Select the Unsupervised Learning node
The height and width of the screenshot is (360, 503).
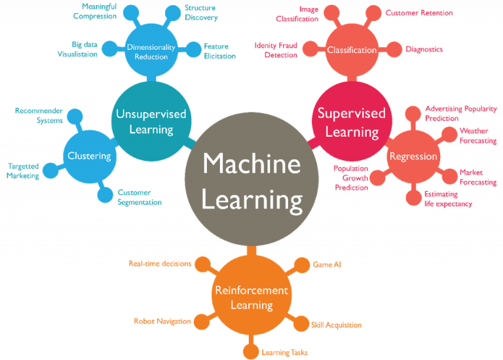[x=151, y=121]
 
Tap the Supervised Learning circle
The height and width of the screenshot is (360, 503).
[x=352, y=122]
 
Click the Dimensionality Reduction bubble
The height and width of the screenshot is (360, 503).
[x=151, y=50]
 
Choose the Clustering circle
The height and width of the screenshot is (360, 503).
[x=89, y=156]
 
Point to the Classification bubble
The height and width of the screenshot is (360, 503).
[x=352, y=50]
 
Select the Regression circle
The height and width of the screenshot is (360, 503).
[x=413, y=156]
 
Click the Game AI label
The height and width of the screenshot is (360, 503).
[x=327, y=264]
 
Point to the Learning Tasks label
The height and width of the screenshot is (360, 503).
[x=284, y=352]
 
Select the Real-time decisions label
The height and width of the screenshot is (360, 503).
[x=160, y=264]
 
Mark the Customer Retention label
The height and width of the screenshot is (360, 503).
[x=419, y=13]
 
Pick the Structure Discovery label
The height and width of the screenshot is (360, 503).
[x=200, y=12]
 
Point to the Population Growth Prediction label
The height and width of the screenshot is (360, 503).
[x=351, y=177]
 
